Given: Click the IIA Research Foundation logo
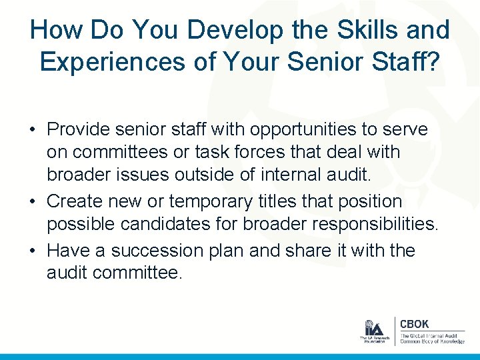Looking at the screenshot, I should click(373, 331).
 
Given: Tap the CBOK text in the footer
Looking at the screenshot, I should click(414, 324).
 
